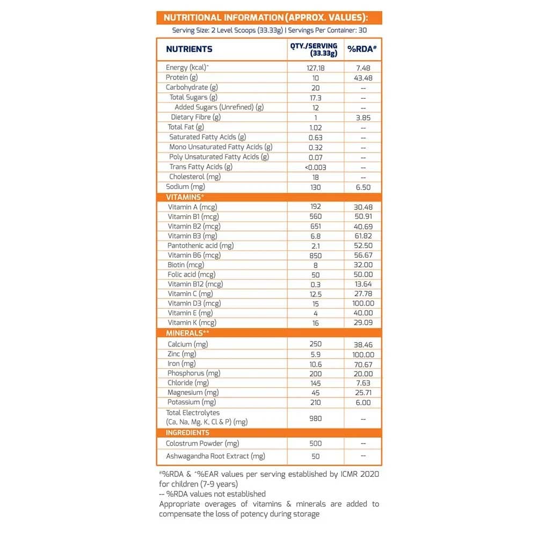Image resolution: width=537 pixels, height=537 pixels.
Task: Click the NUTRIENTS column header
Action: (x=189, y=49)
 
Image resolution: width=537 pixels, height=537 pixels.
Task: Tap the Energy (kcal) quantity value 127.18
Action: (x=315, y=68)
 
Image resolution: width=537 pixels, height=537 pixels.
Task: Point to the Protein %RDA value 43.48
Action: (x=363, y=77)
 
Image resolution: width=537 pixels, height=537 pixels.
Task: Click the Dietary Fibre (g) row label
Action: (x=195, y=117)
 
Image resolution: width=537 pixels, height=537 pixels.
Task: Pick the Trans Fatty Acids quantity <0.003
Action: (x=315, y=167)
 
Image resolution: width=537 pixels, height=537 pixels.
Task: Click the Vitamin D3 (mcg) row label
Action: (x=194, y=303)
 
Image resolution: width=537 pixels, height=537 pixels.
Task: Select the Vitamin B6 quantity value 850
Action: (x=315, y=255)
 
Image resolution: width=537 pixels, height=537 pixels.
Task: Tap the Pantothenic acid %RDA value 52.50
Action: (x=363, y=245)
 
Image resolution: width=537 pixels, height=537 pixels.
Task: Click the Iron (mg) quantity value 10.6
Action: (x=315, y=364)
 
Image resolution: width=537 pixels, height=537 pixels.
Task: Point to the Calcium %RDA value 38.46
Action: (x=363, y=344)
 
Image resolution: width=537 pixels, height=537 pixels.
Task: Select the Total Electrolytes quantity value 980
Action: (x=315, y=417)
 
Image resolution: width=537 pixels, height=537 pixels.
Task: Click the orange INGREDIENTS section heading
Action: (x=187, y=432)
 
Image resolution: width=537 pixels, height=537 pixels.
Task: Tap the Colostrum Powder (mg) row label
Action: (x=203, y=444)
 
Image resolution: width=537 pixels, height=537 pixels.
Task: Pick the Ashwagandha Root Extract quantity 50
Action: (x=315, y=456)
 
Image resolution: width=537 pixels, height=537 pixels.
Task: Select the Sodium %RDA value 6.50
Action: (x=363, y=187)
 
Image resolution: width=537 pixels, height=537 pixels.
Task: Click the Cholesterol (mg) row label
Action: (x=194, y=177)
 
